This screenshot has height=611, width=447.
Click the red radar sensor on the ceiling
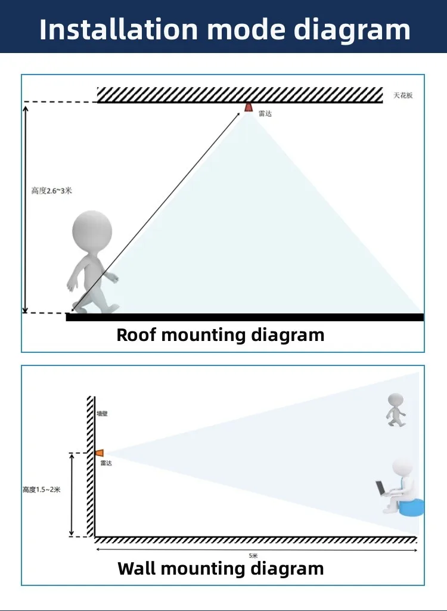coord(248,107)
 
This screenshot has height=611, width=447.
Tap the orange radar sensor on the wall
coord(99,453)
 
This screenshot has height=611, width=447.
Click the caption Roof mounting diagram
coord(220,334)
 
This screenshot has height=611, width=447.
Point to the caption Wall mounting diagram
coord(221,568)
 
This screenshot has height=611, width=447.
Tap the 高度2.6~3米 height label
coord(52,191)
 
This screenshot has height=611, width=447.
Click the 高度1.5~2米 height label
coord(41,489)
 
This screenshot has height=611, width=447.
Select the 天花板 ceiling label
coord(403,95)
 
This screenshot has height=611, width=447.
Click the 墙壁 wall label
coord(103,412)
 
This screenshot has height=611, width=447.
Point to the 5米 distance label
coord(254,556)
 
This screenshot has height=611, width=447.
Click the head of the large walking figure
coord(92,229)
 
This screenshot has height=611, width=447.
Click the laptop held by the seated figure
coord(381,488)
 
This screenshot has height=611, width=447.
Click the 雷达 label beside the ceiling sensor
coord(265,113)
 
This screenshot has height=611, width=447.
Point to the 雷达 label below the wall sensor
coord(105,463)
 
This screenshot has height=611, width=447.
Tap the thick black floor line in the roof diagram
coord(244,317)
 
